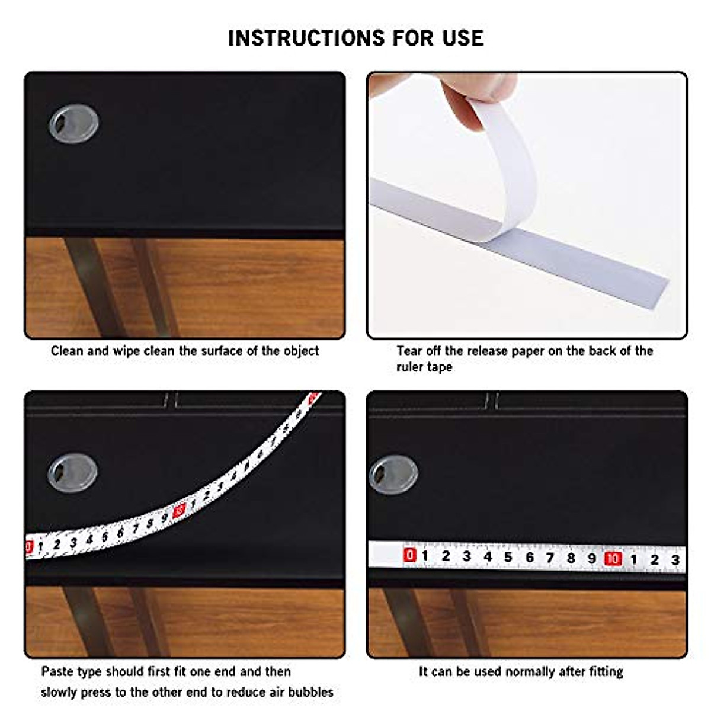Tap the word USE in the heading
(x=462, y=39)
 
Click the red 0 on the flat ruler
(x=409, y=555)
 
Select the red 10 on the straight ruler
(x=613, y=558)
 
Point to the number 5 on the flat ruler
(x=508, y=557)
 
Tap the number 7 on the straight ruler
(x=550, y=558)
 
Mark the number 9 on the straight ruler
(x=591, y=558)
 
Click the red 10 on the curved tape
(x=180, y=509)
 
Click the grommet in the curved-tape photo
(x=72, y=472)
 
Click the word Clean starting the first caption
(x=67, y=351)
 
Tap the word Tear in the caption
(x=409, y=351)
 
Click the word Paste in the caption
(x=57, y=672)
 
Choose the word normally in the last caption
(x=527, y=672)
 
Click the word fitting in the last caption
(x=606, y=672)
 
